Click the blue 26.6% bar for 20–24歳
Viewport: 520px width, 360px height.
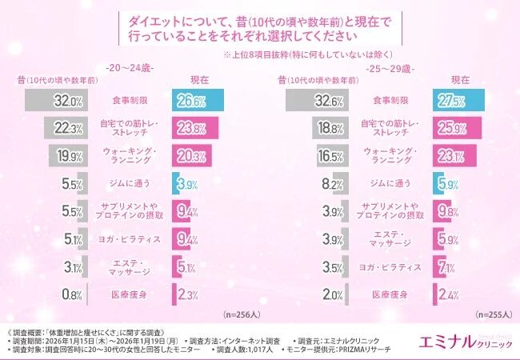[x=197, y=101]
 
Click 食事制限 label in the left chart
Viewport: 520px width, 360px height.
[x=128, y=102]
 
